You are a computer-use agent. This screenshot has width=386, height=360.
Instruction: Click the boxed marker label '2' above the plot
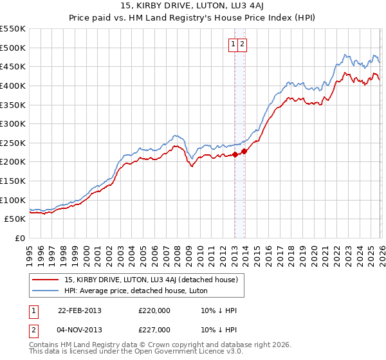pos(243,44)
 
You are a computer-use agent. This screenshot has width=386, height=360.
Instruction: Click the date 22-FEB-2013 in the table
pos(79,310)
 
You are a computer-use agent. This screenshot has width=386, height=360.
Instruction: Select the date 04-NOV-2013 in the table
pos(79,330)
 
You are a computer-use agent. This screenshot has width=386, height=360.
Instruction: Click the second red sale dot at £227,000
pos(244,152)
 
